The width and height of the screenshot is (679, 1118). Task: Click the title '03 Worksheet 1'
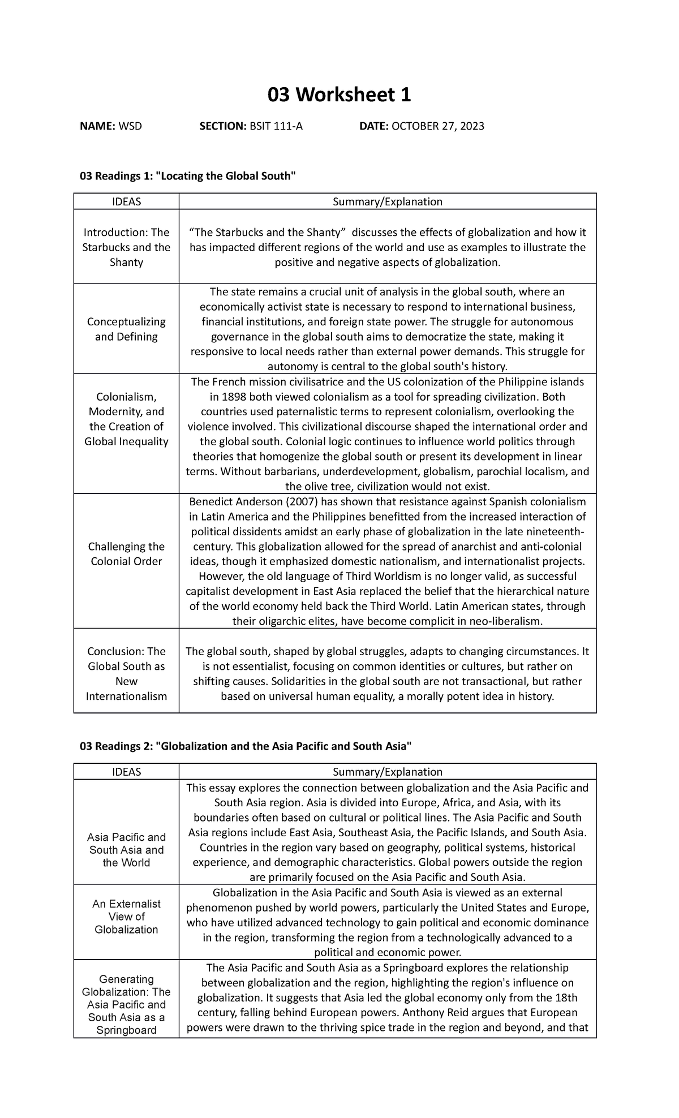[339, 95]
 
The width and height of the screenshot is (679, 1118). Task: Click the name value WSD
[130, 126]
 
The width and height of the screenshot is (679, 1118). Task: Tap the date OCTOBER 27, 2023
[437, 126]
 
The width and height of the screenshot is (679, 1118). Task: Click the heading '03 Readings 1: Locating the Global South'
[188, 176]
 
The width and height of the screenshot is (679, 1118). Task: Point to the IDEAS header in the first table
[126, 201]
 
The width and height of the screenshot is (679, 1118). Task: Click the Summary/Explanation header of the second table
[388, 772]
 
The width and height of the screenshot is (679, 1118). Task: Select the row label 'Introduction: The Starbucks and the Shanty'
[126, 247]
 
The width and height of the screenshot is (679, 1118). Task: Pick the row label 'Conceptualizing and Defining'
[126, 329]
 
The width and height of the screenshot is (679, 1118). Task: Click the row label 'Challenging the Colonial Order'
[126, 554]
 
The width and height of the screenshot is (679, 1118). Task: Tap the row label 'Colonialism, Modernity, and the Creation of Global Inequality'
[126, 419]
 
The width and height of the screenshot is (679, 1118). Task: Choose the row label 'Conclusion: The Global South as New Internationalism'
[126, 674]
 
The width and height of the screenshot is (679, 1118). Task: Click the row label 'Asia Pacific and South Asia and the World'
[126, 850]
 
